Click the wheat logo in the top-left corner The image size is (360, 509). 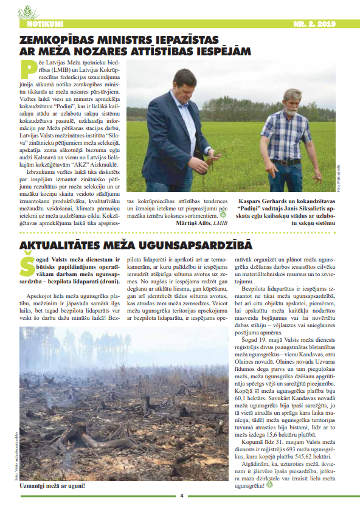[28, 12]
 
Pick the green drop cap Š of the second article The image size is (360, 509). [26, 268]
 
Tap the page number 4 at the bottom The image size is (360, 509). [181, 494]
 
